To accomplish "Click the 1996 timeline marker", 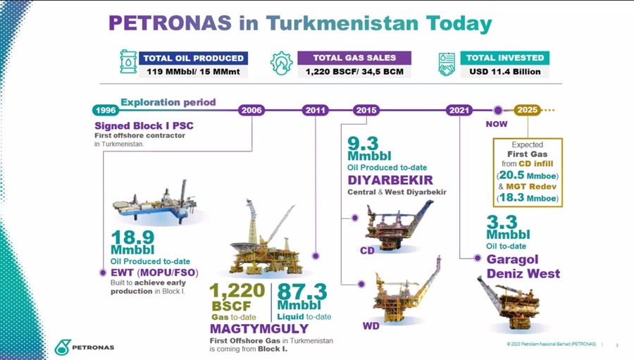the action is [x=106, y=110].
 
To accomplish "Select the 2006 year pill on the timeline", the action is [x=251, y=110].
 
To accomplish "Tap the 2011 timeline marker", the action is [x=316, y=110].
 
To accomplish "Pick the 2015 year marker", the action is [x=366, y=110].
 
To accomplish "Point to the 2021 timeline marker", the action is [x=459, y=110].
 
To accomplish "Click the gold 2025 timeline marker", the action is [x=527, y=110].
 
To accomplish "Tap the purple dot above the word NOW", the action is [x=498, y=110].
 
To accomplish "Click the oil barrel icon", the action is [x=128, y=61].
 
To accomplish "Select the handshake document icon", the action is [x=447, y=64].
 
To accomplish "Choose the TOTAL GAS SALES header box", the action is [x=354, y=58].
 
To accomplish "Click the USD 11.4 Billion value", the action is [x=505, y=72].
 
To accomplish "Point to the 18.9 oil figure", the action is [x=132, y=237].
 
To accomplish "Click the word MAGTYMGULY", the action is [x=259, y=328].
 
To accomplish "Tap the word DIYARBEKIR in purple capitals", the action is [x=390, y=180].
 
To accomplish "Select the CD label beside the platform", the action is [x=367, y=251].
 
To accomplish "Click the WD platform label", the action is [x=371, y=325].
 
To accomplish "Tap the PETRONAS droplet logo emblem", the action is [x=63, y=347].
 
